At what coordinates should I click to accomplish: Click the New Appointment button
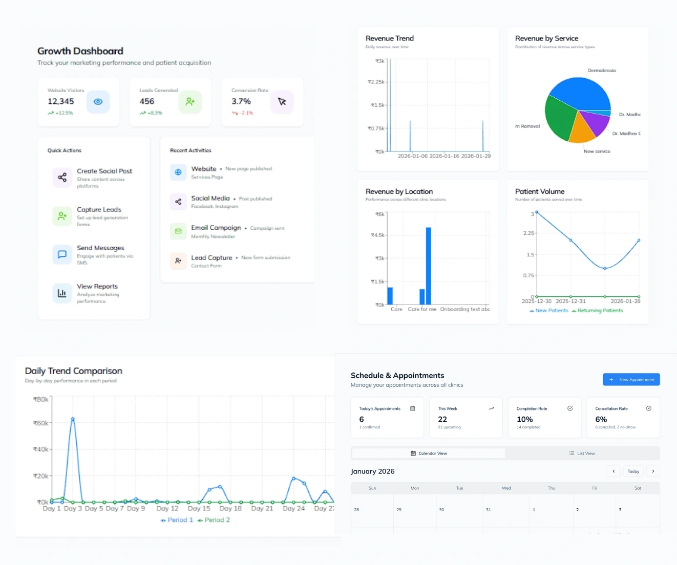tap(631, 379)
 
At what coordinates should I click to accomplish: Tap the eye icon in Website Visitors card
tap(98, 102)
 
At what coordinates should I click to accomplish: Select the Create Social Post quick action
tap(104, 171)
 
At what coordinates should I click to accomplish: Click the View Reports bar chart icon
tap(62, 293)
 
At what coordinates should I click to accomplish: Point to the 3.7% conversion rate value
tap(241, 101)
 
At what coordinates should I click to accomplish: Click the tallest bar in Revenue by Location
tap(429, 266)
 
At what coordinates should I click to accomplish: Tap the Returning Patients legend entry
tap(598, 311)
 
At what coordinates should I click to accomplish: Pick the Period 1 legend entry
tap(177, 520)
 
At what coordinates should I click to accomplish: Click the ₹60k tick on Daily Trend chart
tap(40, 423)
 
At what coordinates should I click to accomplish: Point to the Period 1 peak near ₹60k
tap(73, 419)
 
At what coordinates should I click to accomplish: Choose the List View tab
tap(582, 453)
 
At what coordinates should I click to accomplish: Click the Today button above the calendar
tap(633, 471)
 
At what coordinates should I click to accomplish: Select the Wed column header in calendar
tap(506, 488)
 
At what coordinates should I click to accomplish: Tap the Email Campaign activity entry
tap(216, 228)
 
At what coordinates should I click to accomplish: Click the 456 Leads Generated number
tap(147, 101)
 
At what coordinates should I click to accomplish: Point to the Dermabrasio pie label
tap(602, 71)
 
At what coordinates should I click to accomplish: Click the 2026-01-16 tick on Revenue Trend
tap(444, 156)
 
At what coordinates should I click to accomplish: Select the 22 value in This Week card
tap(442, 419)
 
